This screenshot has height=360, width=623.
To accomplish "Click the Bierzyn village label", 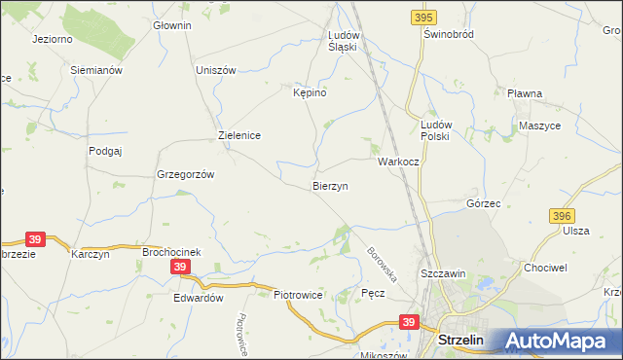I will [x=330, y=185].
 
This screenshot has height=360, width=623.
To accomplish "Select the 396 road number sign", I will [x=561, y=215].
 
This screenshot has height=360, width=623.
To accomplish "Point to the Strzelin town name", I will [x=464, y=341].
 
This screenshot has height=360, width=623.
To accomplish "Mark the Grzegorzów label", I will [x=185, y=174].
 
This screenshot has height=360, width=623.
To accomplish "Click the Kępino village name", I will [x=310, y=92].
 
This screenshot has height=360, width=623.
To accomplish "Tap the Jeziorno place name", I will [x=54, y=40].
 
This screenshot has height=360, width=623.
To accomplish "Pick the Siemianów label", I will [x=95, y=70].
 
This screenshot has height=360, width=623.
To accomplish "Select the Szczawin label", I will [x=443, y=274].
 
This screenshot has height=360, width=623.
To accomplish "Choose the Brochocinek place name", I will [x=171, y=252].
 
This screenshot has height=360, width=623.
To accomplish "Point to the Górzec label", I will [x=483, y=204].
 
